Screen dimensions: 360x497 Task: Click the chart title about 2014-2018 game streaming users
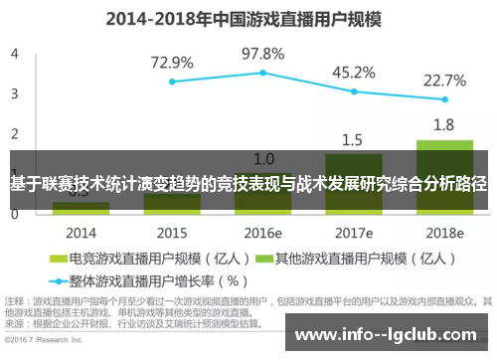click(x=247, y=18)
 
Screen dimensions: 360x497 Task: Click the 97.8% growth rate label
click(x=263, y=53)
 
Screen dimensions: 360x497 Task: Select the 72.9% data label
click(x=172, y=63)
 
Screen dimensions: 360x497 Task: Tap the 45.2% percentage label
click(x=353, y=72)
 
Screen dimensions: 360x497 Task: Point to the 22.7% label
click(x=444, y=81)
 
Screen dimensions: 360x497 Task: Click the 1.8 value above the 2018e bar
click(x=444, y=125)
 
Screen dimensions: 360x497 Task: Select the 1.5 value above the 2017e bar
click(x=353, y=139)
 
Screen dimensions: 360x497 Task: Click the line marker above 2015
click(x=172, y=82)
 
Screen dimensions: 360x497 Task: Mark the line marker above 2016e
click(x=263, y=73)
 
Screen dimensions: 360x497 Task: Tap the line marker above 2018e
click(x=444, y=99)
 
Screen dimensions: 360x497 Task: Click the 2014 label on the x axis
click(x=82, y=233)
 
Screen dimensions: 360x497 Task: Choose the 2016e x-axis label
click(x=263, y=233)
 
